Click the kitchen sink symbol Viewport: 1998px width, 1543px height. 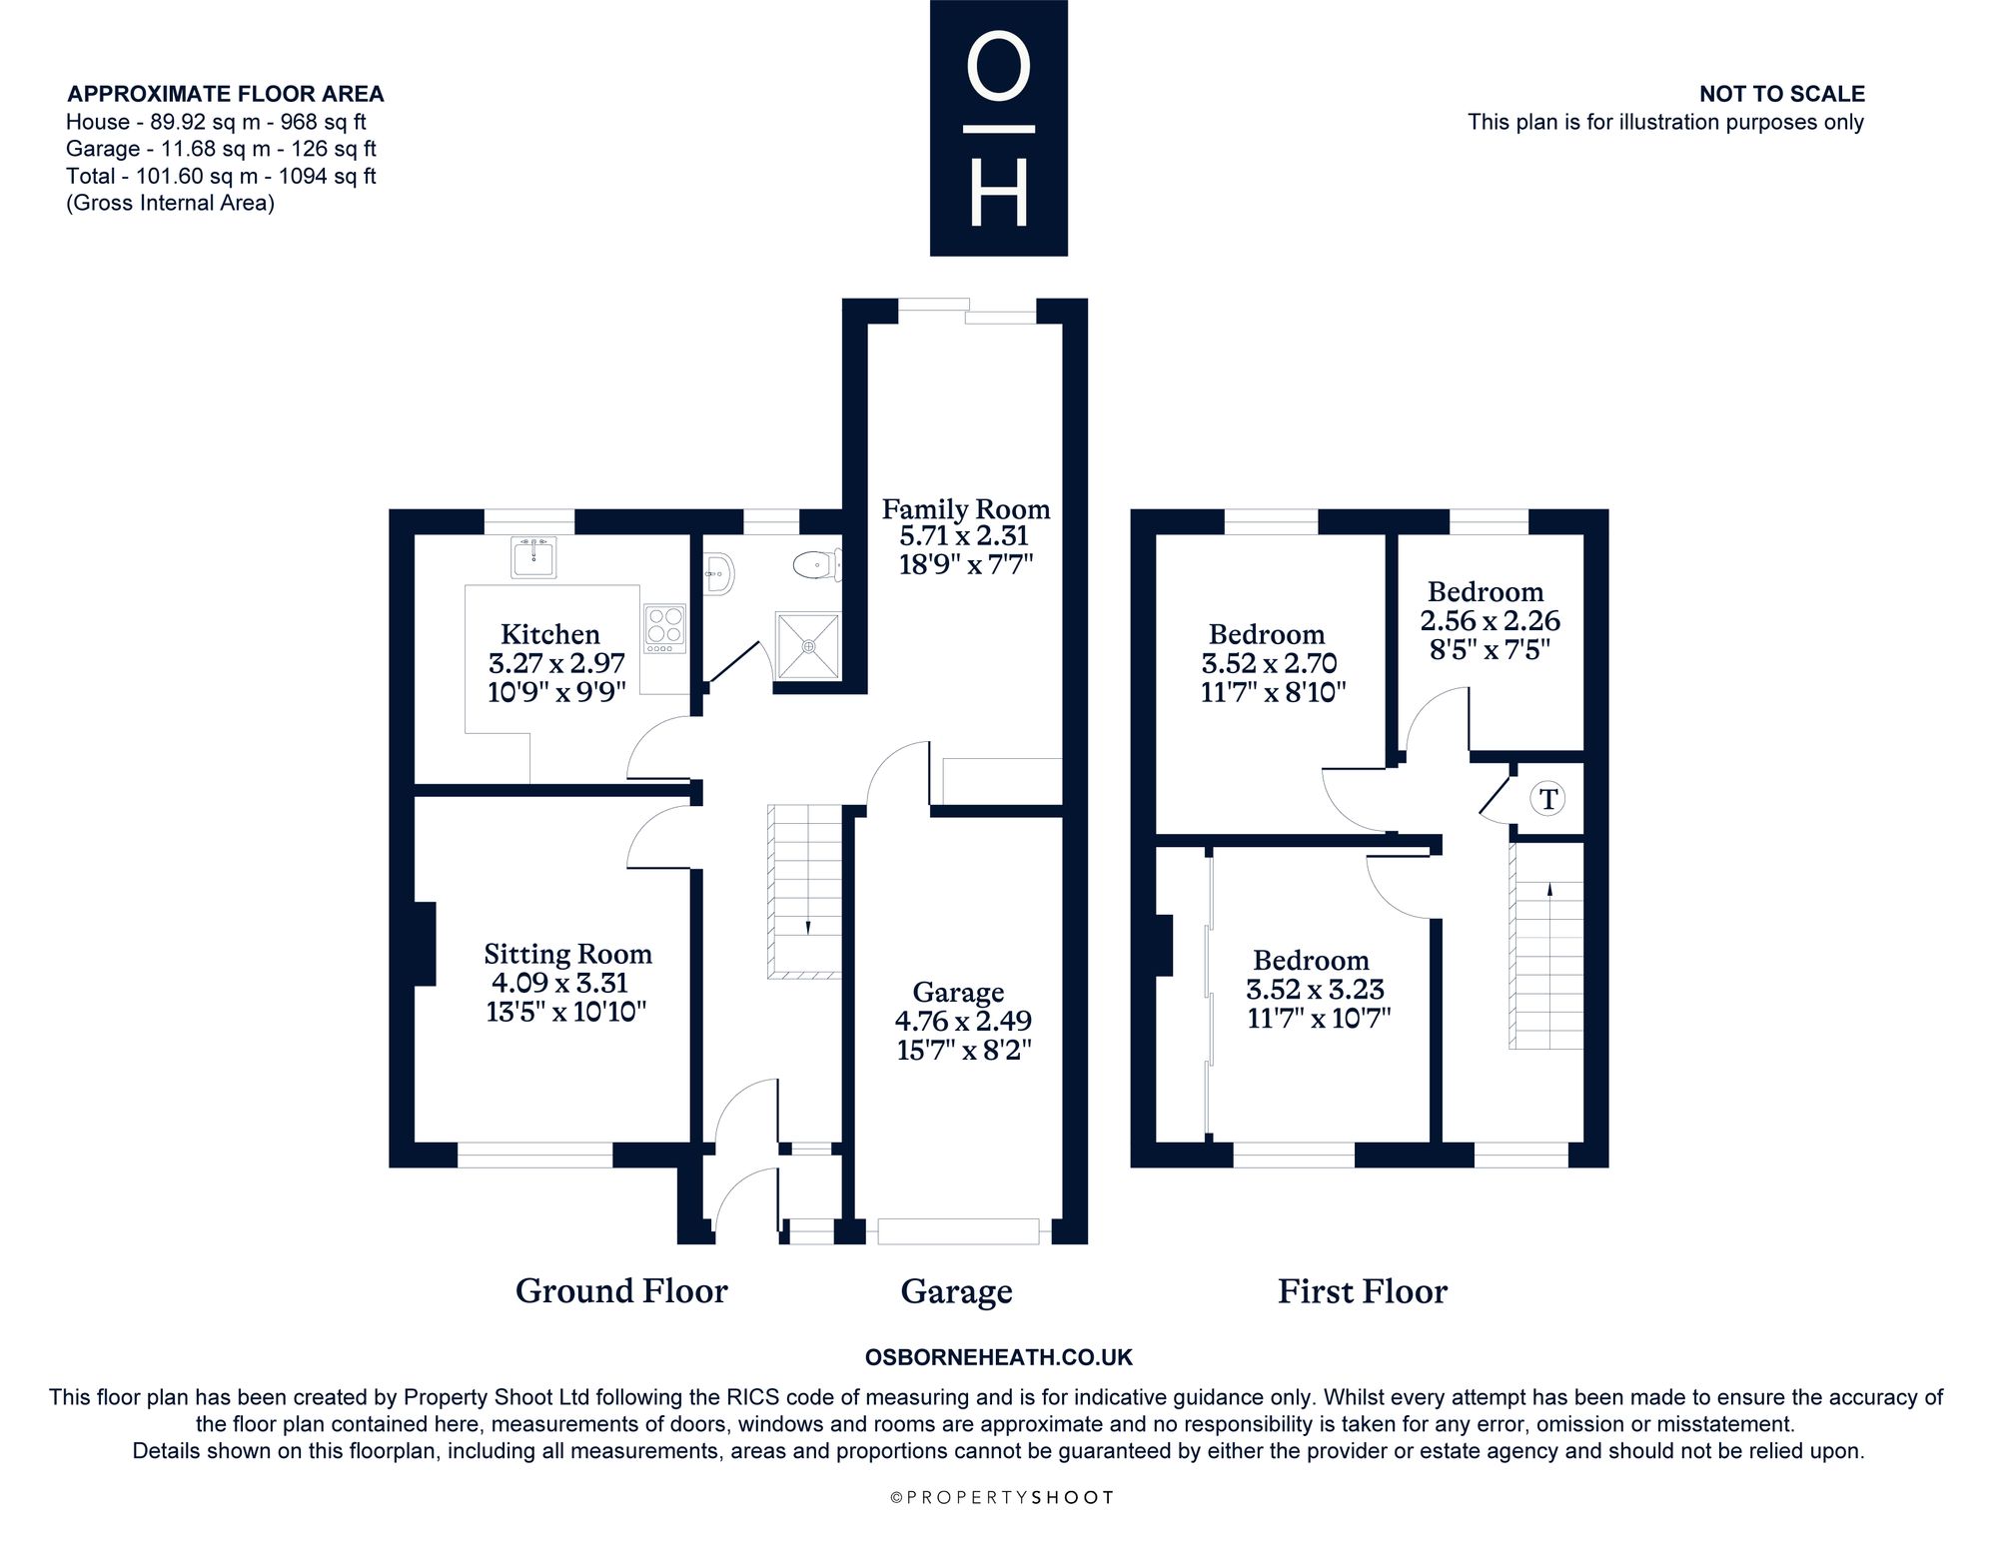tap(534, 557)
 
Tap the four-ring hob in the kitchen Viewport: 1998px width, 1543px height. tap(665, 628)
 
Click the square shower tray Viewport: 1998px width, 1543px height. tap(808, 646)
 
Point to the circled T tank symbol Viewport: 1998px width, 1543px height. tap(1547, 799)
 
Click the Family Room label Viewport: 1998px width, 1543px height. tap(966, 509)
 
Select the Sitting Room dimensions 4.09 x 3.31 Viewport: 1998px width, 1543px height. tap(559, 983)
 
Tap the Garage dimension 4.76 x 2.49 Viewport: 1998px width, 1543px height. tap(963, 1021)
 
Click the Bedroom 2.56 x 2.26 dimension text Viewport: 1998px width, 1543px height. tap(1490, 621)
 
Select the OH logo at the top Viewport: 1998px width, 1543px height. tap(999, 128)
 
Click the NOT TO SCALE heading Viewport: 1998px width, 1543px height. tap(1782, 94)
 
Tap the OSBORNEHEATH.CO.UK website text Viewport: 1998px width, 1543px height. tap(999, 1357)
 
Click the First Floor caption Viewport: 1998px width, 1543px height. tap(1363, 1291)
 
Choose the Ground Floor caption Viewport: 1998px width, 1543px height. tap(621, 1291)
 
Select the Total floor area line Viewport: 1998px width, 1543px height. tap(221, 176)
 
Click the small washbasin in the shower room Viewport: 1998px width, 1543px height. tap(719, 571)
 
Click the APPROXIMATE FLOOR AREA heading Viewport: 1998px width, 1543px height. tap(226, 94)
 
